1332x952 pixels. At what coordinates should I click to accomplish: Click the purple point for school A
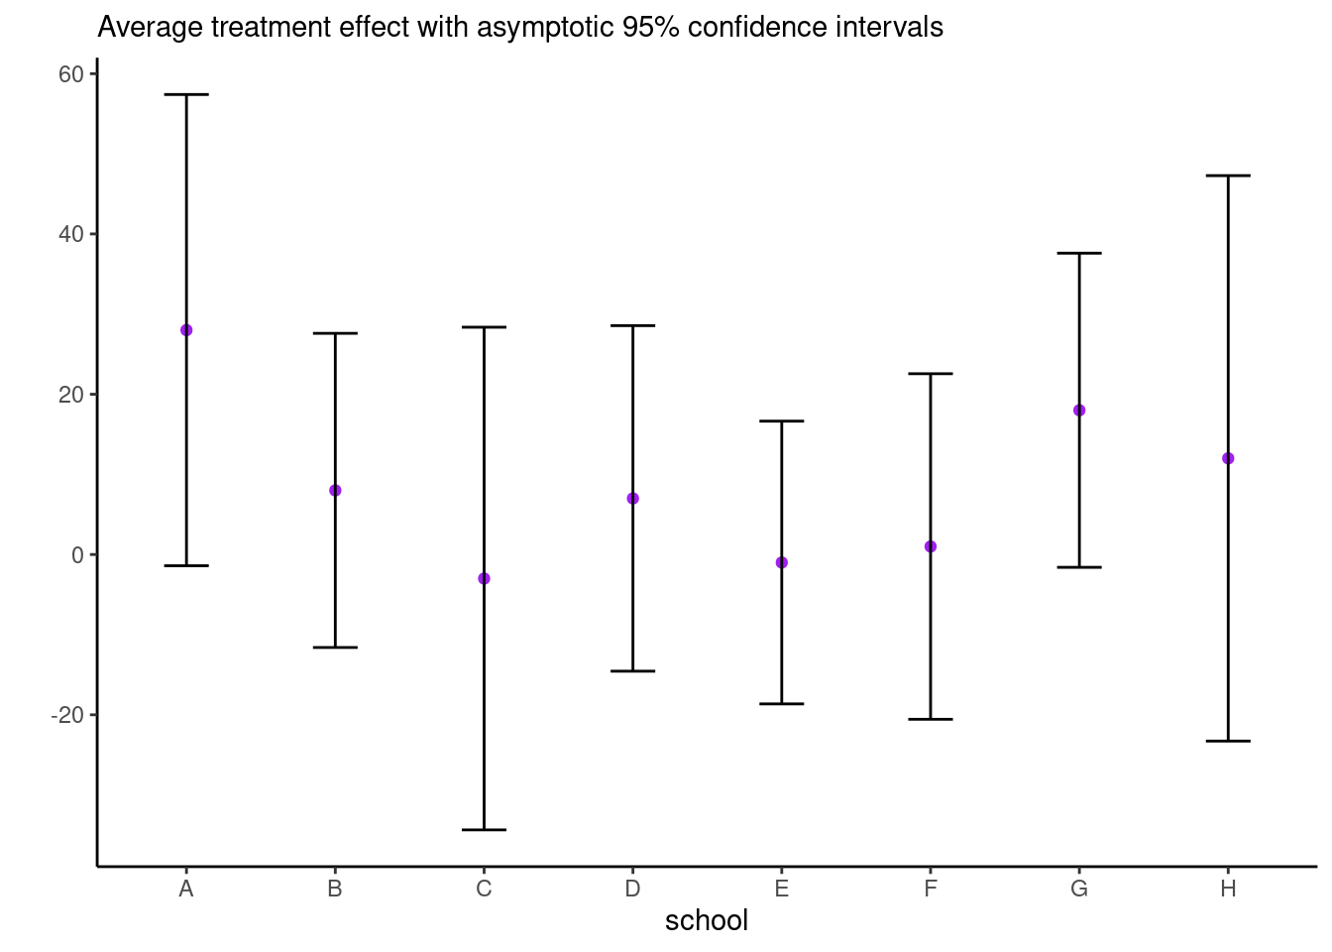[186, 330]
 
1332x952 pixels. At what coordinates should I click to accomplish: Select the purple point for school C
[484, 578]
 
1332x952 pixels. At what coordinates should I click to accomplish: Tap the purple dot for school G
[1079, 411]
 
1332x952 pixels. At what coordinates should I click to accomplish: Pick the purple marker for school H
[1228, 458]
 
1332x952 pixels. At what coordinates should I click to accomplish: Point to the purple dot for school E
[782, 562]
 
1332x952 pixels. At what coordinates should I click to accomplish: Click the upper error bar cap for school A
[186, 94]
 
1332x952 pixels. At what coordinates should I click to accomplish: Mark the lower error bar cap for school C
[484, 829]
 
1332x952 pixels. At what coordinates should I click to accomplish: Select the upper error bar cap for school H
[1228, 176]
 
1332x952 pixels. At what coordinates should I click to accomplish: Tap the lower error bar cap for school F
[931, 719]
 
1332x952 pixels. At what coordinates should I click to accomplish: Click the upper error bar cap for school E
[782, 421]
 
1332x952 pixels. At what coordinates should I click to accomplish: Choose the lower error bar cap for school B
[335, 648]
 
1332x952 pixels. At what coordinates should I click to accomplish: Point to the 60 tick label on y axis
[71, 74]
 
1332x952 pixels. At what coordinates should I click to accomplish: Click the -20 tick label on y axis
[67, 715]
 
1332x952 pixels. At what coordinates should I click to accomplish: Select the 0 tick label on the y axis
[77, 555]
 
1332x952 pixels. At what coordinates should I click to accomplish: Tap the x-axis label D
[632, 889]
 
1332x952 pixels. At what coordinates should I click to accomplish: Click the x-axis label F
[931, 889]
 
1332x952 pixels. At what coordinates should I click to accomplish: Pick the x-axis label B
[335, 889]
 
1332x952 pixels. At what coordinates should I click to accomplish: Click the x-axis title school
[707, 921]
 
